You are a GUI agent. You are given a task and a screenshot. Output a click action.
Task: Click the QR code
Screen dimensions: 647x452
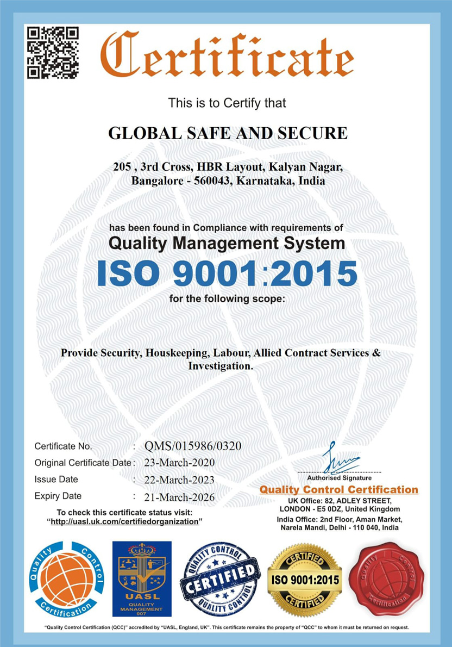tap(53, 52)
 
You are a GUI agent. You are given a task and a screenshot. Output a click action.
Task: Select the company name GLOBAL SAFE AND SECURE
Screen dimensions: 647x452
tap(228, 133)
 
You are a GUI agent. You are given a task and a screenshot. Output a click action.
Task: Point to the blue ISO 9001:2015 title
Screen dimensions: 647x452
tap(227, 274)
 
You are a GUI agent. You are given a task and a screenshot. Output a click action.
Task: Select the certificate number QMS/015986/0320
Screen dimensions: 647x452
tap(193, 446)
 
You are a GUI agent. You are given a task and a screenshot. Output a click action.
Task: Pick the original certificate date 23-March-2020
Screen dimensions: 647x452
tap(179, 463)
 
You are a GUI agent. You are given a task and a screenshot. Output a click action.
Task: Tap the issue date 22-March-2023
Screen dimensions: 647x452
tap(179, 480)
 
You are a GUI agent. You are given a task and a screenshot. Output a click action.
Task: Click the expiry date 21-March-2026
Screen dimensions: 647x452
tap(179, 497)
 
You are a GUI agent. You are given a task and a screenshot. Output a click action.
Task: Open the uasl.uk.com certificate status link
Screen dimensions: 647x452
tap(124, 521)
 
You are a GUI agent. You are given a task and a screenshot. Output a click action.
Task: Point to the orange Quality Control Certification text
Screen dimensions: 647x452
tap(339, 490)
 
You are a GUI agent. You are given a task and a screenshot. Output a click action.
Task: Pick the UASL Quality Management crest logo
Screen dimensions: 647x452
tap(141, 578)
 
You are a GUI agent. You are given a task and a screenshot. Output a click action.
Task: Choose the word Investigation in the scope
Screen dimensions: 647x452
tap(220, 366)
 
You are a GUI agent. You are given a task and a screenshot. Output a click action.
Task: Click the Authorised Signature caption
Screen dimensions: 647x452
tap(339, 478)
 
